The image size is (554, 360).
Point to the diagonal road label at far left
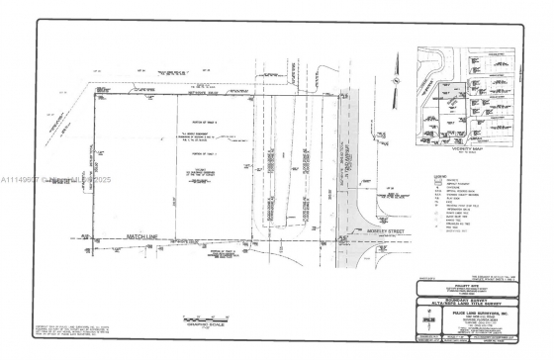[65, 119]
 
